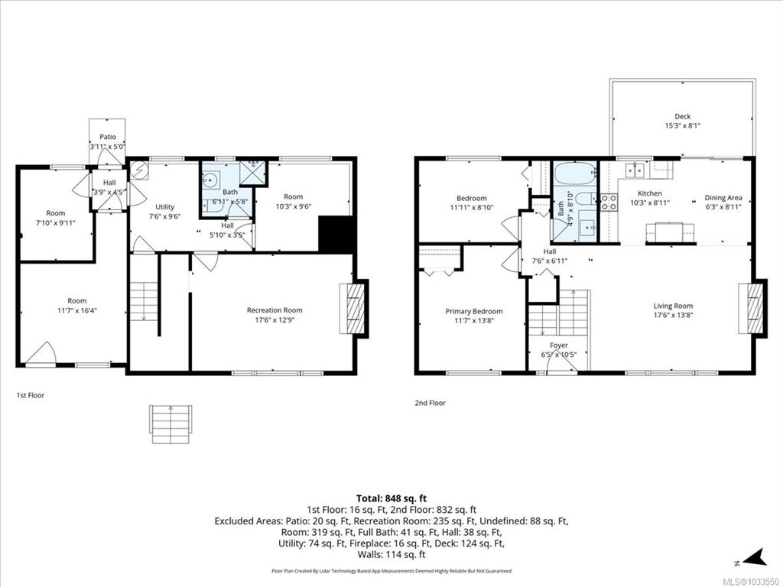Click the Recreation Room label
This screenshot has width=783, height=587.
[275, 310]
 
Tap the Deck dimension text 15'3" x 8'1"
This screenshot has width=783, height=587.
[682, 126]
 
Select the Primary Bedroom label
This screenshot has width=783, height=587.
[474, 312]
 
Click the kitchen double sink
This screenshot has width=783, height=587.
[634, 170]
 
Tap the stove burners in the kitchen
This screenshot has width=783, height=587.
[608, 202]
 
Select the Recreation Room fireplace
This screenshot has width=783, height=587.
[353, 309]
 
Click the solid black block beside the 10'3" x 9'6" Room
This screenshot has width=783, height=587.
[336, 234]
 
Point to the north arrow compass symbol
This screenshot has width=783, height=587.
[754, 558]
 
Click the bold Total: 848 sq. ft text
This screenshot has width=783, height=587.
[391, 498]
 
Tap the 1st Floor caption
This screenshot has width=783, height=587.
[31, 395]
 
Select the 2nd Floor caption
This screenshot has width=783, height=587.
[430, 403]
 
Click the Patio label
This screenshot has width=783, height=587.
[107, 137]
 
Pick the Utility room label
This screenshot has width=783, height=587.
[165, 207]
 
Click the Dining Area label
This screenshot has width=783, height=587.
[723, 198]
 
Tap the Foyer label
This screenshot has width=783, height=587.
[559, 345]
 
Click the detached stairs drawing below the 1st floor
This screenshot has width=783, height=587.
[171, 424]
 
